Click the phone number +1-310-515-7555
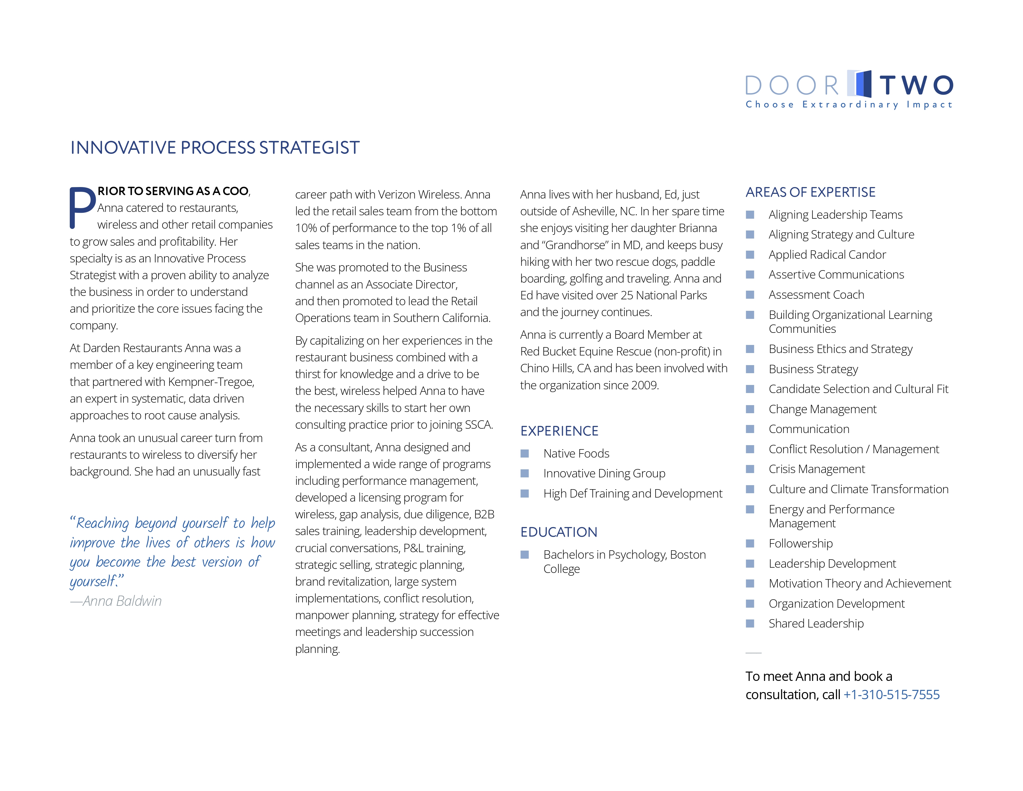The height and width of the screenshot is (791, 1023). [891, 695]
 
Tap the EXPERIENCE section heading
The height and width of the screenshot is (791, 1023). [559, 431]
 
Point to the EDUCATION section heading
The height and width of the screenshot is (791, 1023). [559, 532]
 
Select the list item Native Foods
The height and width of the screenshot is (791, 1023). [576, 454]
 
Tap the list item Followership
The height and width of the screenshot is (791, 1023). [800, 543]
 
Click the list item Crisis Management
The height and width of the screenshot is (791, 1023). [817, 469]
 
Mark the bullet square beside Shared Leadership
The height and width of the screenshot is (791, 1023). [750, 624]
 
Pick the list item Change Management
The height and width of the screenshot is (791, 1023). [822, 409]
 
